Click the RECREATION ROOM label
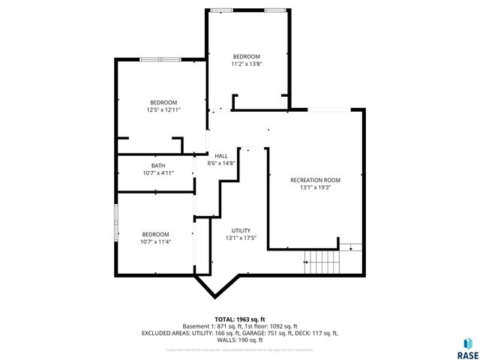[x=315, y=180]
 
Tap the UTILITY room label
[x=241, y=230]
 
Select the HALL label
[x=221, y=155]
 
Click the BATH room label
[x=158, y=166]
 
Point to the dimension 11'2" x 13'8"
[x=246, y=64]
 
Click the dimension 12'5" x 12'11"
[x=163, y=110]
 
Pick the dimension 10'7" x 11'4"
[x=155, y=241]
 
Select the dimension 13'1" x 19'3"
[x=315, y=188]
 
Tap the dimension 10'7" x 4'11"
[x=158, y=173]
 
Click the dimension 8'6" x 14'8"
[x=221, y=163]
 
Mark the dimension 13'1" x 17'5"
[x=241, y=238]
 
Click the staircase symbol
[x=321, y=262]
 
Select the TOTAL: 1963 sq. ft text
[x=240, y=319]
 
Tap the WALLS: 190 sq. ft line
[x=240, y=340]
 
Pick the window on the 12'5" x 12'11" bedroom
[x=160, y=59]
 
